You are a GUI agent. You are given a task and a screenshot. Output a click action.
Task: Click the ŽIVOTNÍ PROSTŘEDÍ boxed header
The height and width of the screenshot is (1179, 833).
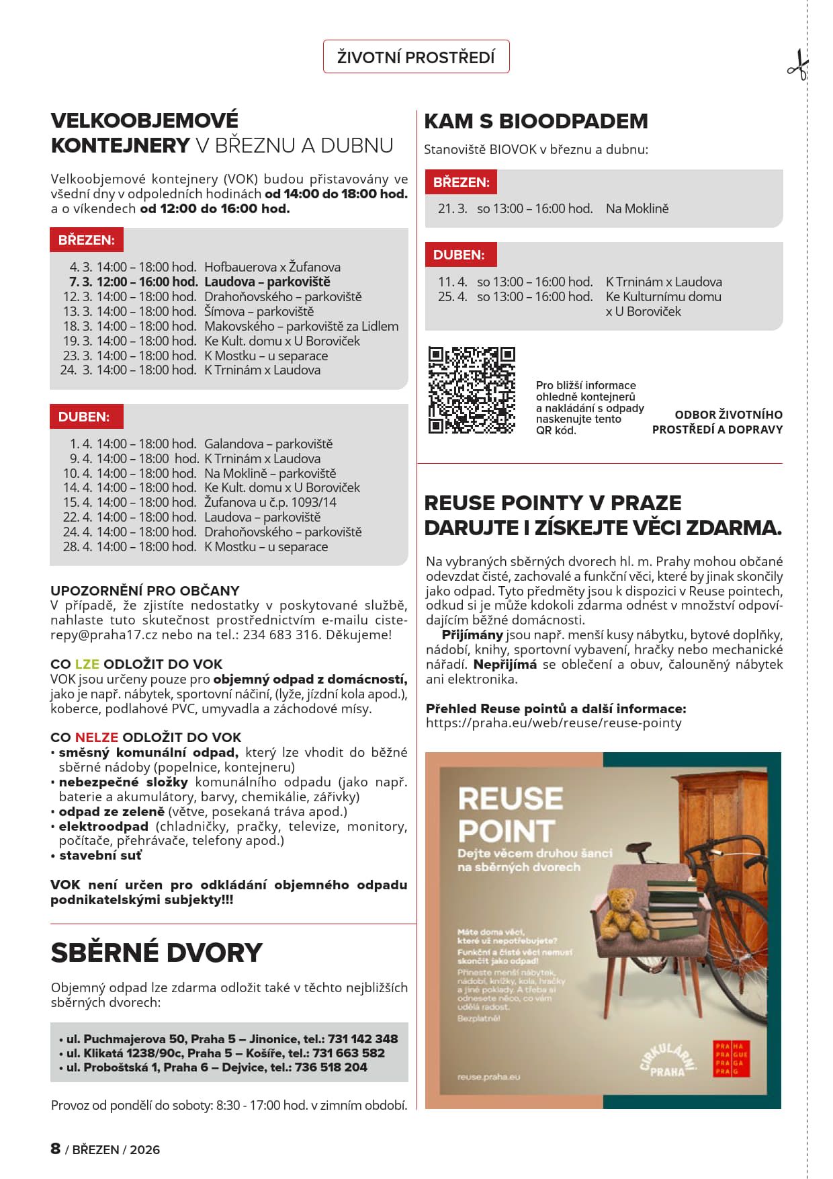point(416,57)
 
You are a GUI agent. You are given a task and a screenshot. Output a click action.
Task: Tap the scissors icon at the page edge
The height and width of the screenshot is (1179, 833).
point(798,65)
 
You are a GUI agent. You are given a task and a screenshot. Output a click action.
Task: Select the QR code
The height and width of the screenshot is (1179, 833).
point(472,391)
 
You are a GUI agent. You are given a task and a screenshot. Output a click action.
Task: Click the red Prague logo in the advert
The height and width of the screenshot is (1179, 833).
point(730,1059)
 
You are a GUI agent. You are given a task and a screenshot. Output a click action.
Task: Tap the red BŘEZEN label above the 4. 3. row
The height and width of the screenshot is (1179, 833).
point(86,240)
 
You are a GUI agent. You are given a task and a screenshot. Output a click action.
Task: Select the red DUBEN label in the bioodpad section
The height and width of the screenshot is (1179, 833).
point(459,255)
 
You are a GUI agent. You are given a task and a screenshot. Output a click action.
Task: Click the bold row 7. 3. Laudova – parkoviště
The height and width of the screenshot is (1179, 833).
point(200,282)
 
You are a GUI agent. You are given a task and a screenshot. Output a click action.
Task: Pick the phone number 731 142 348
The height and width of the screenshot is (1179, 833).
point(363,1039)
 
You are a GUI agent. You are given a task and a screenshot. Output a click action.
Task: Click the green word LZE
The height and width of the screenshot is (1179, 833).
point(87,664)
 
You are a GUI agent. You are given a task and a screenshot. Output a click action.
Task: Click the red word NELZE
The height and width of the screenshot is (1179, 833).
point(97,737)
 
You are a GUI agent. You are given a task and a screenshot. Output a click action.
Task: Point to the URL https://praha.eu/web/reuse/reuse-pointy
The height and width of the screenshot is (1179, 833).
point(554,723)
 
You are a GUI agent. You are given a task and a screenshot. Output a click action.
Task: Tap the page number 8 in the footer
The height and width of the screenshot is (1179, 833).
point(56,1148)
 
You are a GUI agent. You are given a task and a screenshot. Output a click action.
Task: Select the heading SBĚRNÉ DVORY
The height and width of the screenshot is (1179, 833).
point(157,952)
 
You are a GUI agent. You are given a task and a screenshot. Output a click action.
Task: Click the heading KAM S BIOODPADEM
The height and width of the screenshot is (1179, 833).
point(536,121)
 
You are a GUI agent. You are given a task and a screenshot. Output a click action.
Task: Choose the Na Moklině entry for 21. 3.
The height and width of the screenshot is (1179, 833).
point(637,208)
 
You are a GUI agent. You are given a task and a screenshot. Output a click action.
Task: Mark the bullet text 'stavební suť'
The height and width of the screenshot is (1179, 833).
point(100,856)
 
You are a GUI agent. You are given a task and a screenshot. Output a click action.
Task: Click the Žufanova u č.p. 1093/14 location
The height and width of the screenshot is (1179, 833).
point(270,502)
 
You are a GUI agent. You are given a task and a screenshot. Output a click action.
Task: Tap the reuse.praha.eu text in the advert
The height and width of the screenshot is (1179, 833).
point(488,1077)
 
